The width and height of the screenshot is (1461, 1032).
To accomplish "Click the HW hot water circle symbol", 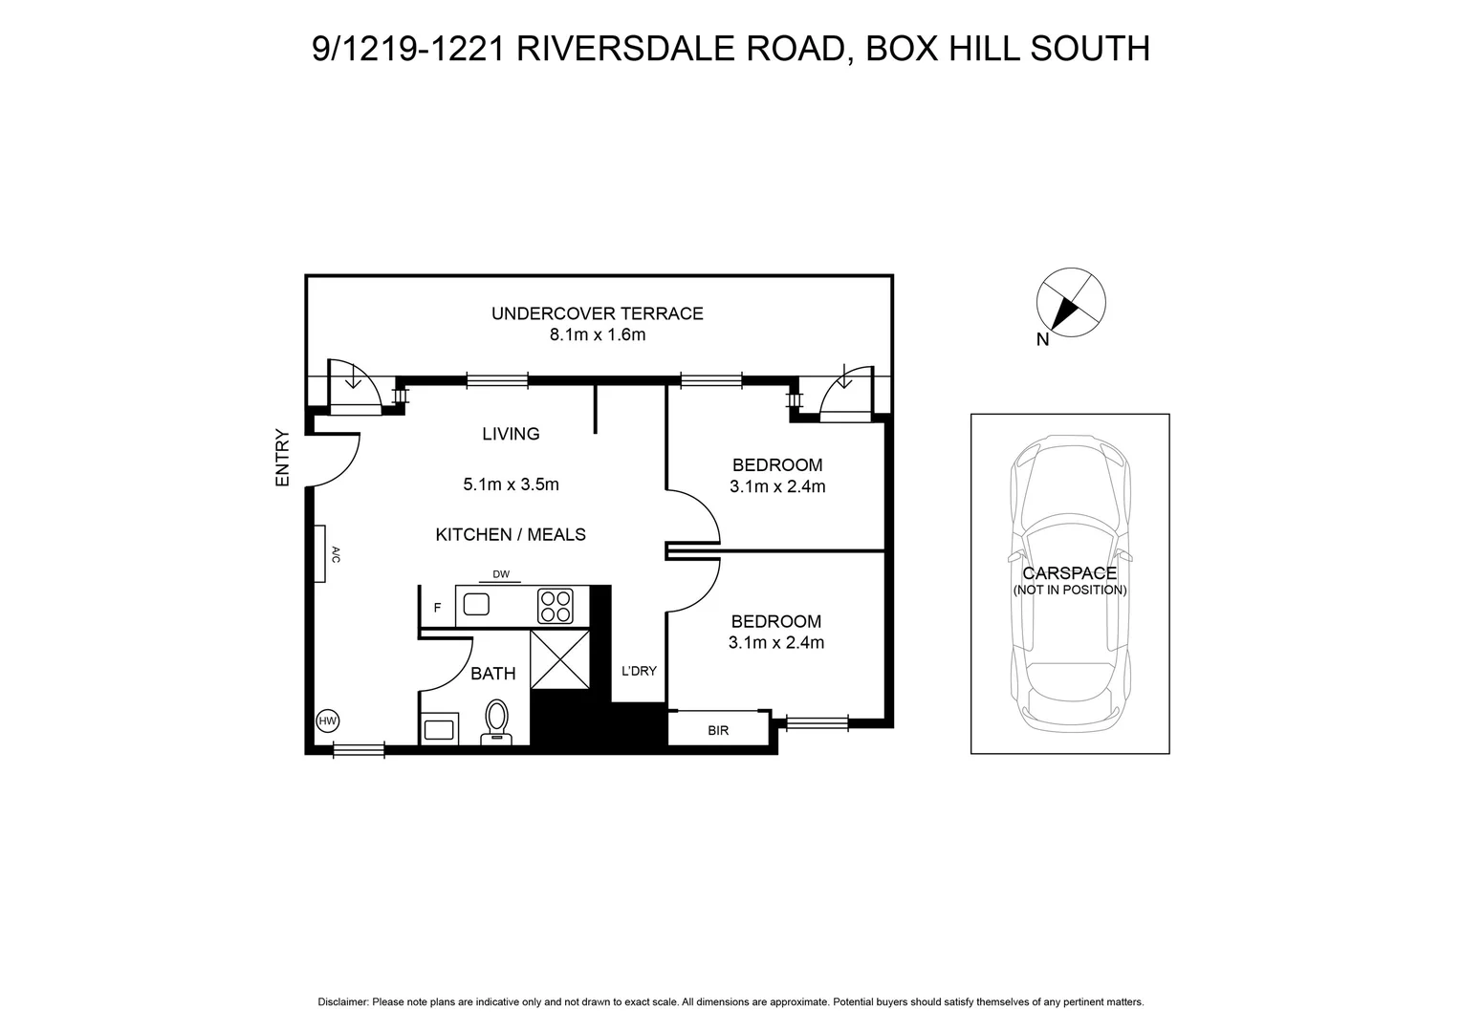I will (x=327, y=720).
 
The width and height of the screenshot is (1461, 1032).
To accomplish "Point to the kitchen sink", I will (x=475, y=605).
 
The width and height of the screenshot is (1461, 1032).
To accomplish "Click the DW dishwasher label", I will (x=501, y=574).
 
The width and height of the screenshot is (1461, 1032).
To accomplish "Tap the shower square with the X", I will (x=559, y=658).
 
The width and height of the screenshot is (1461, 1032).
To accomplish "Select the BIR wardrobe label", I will (x=718, y=730).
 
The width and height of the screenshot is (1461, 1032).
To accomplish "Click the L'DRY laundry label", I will (x=639, y=671).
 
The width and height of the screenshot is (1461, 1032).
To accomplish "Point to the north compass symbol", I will (x=1071, y=303).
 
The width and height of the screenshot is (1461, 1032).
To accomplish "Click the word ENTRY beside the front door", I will (x=282, y=458).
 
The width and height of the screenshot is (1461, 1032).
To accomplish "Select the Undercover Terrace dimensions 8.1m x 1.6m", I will (x=597, y=334).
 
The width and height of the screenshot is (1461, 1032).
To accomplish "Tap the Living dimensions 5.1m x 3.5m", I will (x=511, y=484).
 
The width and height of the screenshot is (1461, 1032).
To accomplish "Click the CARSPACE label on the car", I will (x=1069, y=573).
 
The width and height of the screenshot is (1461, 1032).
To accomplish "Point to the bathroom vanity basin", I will (x=439, y=730).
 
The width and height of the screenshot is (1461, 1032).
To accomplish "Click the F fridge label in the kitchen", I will (x=437, y=608).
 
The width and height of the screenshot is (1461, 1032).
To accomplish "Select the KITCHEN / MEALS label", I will (x=511, y=535).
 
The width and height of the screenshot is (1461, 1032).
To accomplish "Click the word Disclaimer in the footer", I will (x=342, y=1002).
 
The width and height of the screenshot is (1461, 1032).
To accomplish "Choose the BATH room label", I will (x=492, y=674).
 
